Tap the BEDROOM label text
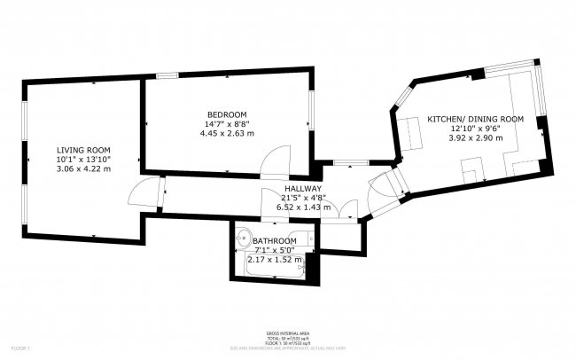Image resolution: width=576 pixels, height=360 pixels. [227, 114]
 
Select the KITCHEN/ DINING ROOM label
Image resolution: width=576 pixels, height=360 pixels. [475, 119]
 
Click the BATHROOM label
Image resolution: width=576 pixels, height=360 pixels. [275, 241]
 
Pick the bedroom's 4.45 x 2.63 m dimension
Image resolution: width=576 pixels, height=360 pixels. [227, 134]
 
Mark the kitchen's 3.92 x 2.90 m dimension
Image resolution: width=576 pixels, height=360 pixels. [475, 138]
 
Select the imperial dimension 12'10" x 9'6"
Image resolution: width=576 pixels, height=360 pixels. [475, 129]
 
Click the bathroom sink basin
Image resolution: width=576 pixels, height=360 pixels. [245, 237]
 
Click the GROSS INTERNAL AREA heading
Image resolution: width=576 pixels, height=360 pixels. [287, 333]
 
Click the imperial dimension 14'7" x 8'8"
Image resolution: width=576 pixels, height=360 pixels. [227, 124]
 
